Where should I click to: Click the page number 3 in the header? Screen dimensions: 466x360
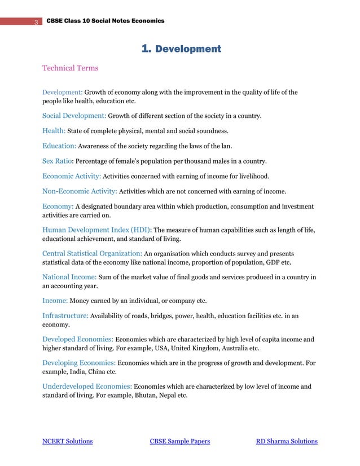(36, 22)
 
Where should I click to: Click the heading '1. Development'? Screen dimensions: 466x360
(181, 49)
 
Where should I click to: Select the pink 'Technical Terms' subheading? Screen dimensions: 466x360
(70, 68)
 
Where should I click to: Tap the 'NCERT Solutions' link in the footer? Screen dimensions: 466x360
(68, 441)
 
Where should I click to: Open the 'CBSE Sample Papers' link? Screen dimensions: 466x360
(179, 441)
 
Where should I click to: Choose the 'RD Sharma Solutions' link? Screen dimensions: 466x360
(287, 441)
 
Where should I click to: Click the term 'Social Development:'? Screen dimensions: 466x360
(74, 116)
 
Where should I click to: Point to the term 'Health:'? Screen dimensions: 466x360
(54, 131)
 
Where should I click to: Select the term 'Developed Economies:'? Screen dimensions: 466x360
(78, 339)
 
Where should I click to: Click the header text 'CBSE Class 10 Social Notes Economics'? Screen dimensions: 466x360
(105, 21)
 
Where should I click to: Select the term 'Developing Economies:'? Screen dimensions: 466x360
(80, 363)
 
